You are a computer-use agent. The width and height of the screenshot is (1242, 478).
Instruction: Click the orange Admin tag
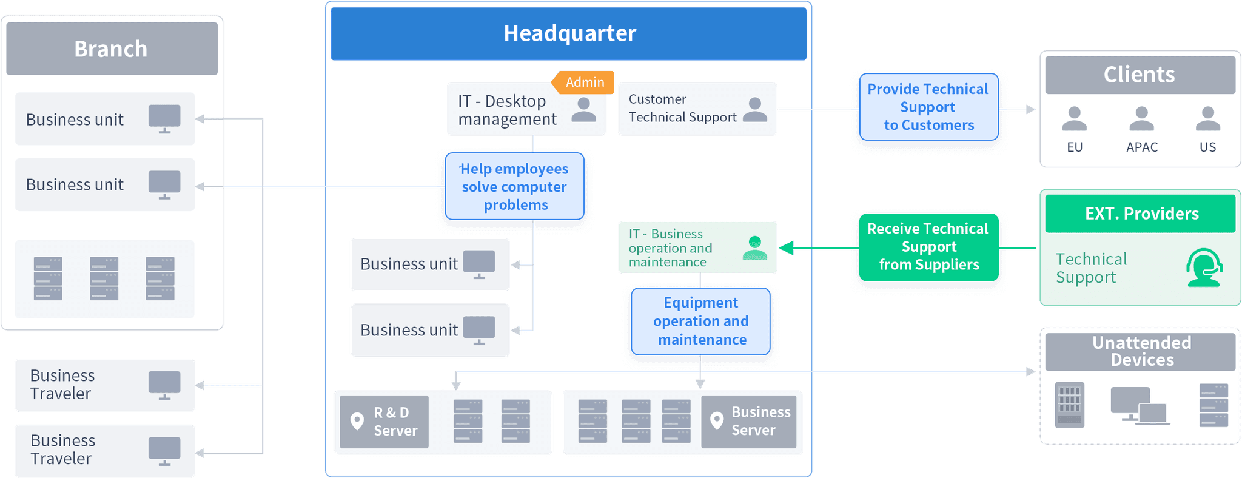click(x=584, y=82)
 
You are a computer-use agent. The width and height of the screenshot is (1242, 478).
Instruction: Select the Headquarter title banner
click(x=569, y=33)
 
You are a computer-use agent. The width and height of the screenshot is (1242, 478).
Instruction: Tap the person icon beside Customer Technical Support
click(x=754, y=109)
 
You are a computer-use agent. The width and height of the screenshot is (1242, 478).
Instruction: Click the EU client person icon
click(x=1074, y=119)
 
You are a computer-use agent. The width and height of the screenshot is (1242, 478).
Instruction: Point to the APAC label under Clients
click(x=1141, y=147)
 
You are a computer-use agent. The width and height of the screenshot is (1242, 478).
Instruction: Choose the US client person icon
click(x=1207, y=119)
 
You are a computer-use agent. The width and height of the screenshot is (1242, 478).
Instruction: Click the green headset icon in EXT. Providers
click(x=1204, y=268)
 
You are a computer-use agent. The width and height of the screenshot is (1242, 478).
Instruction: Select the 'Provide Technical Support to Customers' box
click(x=928, y=107)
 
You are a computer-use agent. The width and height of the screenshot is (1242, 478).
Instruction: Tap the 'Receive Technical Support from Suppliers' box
click(x=928, y=247)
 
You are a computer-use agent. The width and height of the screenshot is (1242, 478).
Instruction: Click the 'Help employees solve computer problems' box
click(x=515, y=187)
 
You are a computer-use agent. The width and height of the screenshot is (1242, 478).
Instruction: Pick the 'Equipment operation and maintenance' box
click(x=700, y=321)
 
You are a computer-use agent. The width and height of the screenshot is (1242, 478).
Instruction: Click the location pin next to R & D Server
click(x=357, y=421)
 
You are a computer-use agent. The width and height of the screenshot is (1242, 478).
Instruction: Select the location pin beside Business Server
click(x=717, y=421)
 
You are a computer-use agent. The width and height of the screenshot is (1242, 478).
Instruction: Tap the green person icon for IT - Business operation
click(x=754, y=248)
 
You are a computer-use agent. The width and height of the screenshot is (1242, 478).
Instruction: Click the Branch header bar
click(x=112, y=49)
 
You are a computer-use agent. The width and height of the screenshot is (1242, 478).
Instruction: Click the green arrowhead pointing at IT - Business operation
click(x=786, y=248)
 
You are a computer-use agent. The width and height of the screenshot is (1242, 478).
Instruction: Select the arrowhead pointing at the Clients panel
click(x=1030, y=110)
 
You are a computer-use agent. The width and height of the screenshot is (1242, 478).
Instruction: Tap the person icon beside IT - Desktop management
click(x=583, y=109)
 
